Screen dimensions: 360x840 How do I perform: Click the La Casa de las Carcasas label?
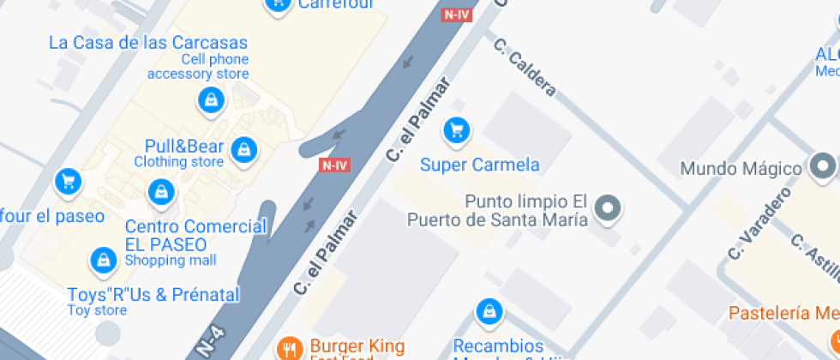pyautogui.click(x=148, y=43)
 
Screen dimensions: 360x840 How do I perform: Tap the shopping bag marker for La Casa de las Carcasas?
pyautogui.click(x=210, y=101)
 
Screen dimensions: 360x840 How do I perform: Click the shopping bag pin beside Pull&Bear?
pyautogui.click(x=245, y=149)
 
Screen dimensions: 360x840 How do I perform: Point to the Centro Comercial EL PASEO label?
pyautogui.click(x=195, y=236)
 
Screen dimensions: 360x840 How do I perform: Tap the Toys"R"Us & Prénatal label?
pyautogui.click(x=153, y=295)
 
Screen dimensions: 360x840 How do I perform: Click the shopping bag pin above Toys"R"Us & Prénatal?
pyautogui.click(x=104, y=259)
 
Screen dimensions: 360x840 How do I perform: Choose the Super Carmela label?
pyautogui.click(x=480, y=165)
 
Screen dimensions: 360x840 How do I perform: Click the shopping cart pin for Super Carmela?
pyautogui.click(x=456, y=130)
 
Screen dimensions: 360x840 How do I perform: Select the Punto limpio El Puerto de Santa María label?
pyautogui.click(x=526, y=210)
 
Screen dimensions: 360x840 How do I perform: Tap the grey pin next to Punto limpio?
pyautogui.click(x=609, y=207)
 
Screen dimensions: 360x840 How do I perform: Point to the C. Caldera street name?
pyautogui.click(x=525, y=67)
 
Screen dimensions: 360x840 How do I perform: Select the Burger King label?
pyautogui.click(x=357, y=346)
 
